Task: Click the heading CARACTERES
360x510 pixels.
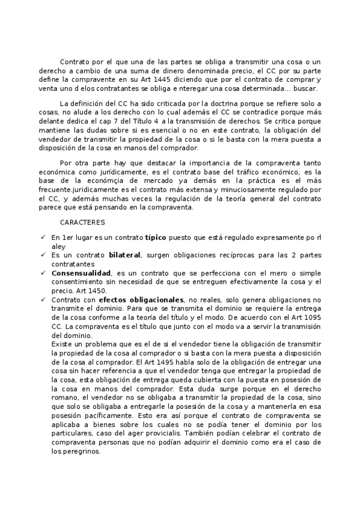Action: click(83, 222)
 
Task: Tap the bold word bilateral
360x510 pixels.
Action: click(125, 255)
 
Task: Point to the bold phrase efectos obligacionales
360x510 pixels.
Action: click(141, 299)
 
